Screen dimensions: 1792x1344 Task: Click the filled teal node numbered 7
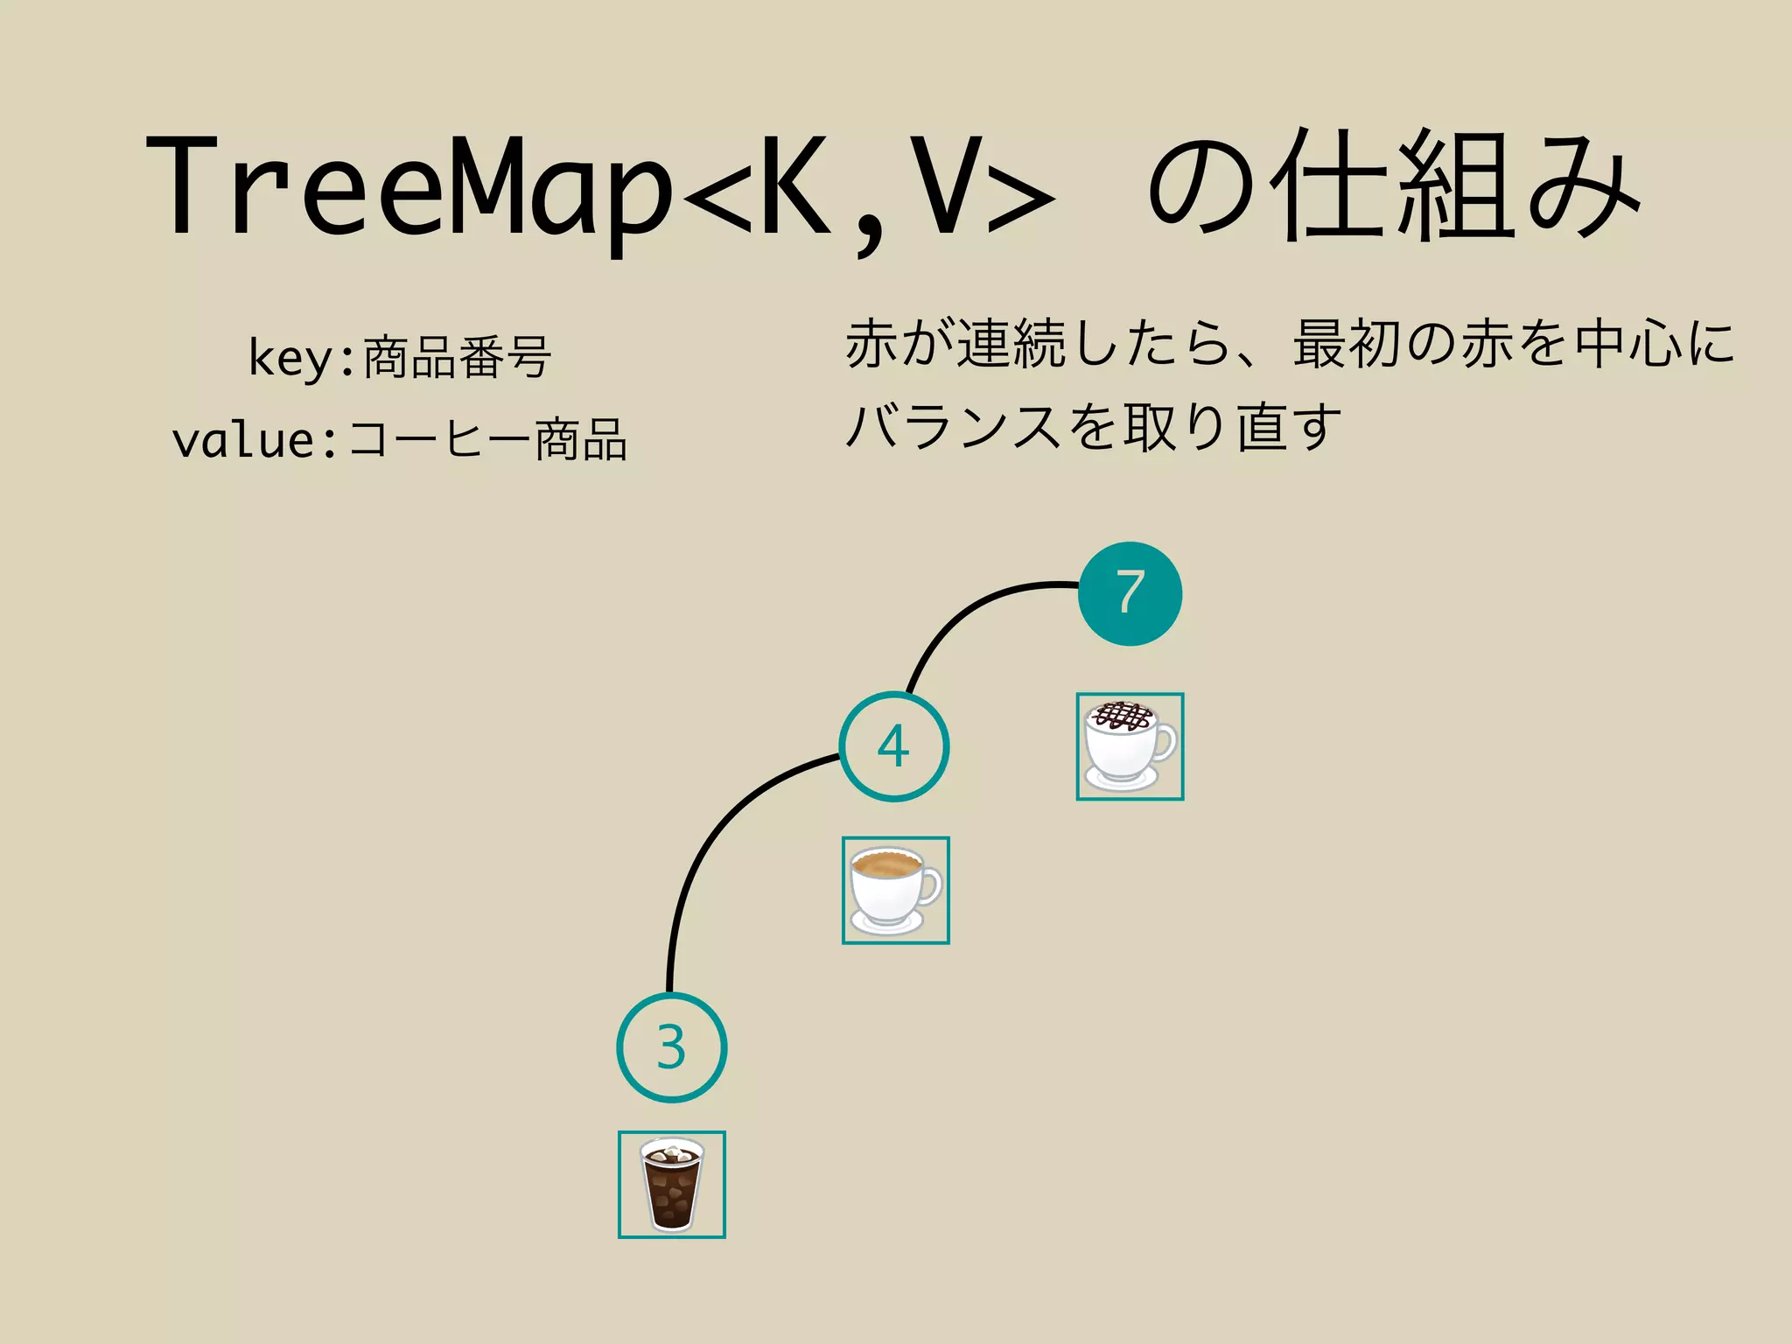(x=1130, y=594)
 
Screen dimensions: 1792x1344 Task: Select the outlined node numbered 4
(x=893, y=746)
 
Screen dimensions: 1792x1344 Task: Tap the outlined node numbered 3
(x=671, y=1047)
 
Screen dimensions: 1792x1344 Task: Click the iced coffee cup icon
(x=671, y=1184)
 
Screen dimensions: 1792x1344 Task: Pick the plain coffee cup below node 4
(x=895, y=890)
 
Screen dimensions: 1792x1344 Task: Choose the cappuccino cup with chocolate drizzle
(x=1130, y=746)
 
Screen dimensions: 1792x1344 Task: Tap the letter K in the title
(x=796, y=188)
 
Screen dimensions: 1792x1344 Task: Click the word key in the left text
(x=290, y=358)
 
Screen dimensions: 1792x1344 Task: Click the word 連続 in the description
(x=1011, y=344)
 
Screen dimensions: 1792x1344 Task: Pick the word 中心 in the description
(x=1627, y=344)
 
